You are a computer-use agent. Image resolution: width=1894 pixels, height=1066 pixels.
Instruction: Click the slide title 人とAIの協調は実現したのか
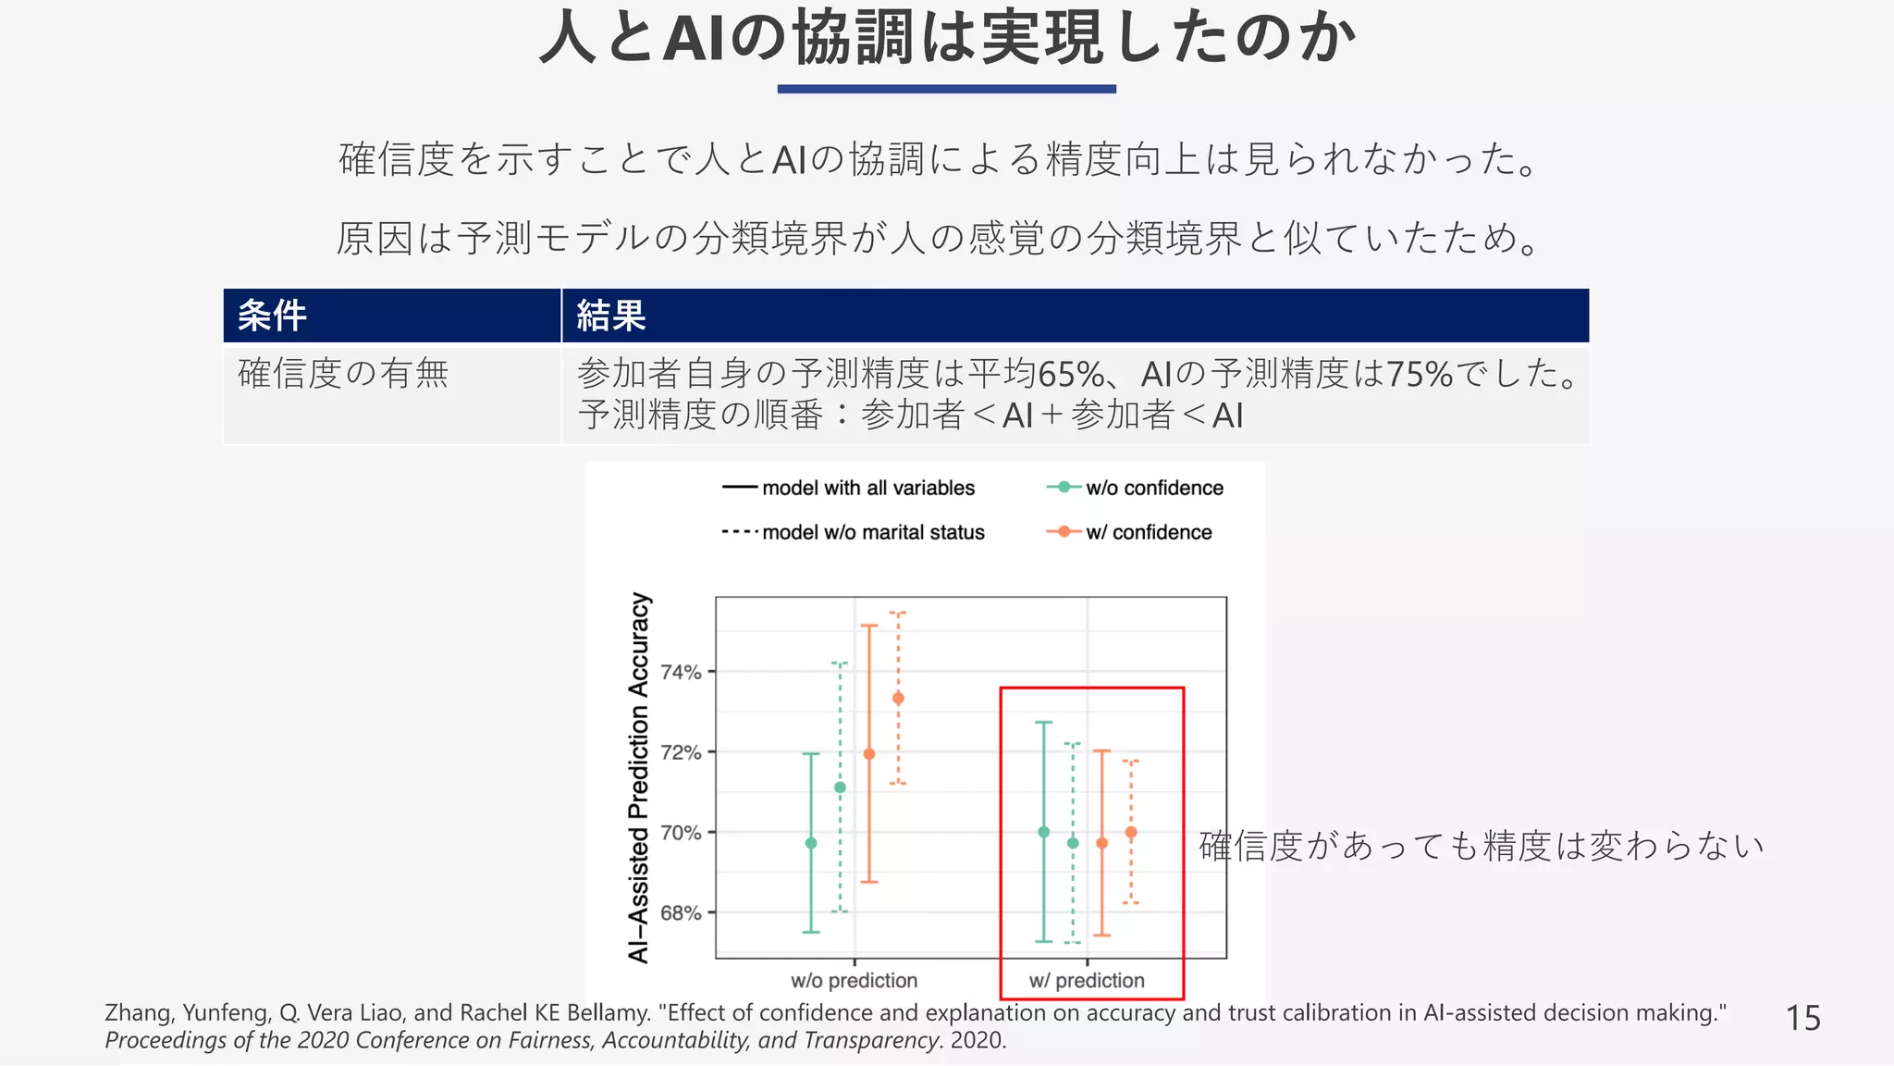pyautogui.click(x=947, y=39)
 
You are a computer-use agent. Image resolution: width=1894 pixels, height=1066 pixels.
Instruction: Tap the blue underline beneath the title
pyautogui.click(x=947, y=89)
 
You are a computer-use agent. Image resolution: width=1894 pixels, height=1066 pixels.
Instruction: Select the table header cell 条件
pyautogui.click(x=272, y=316)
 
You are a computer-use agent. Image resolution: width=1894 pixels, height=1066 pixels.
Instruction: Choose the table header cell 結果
pyautogui.click(x=611, y=316)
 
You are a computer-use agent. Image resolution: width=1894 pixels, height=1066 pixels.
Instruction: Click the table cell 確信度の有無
pyautogui.click(x=343, y=374)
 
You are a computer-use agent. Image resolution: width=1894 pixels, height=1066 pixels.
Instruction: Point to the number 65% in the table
pyautogui.click(x=1071, y=375)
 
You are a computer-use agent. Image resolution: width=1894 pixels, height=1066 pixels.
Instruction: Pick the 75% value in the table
pyautogui.click(x=1420, y=375)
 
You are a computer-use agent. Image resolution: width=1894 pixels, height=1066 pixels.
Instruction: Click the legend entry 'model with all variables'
pyautogui.click(x=867, y=488)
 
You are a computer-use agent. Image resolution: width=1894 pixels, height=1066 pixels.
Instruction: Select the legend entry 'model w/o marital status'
pyautogui.click(x=872, y=532)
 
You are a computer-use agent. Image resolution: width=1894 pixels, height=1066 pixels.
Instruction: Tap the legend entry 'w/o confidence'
pyautogui.click(x=1153, y=488)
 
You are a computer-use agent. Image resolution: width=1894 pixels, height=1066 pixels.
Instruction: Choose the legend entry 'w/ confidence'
pyautogui.click(x=1148, y=532)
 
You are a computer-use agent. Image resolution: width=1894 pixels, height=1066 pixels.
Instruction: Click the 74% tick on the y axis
pyautogui.click(x=681, y=672)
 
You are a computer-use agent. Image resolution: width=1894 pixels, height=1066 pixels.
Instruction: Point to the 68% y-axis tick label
pyautogui.click(x=681, y=913)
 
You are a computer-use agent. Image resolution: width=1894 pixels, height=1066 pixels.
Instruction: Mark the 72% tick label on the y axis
pyautogui.click(x=681, y=752)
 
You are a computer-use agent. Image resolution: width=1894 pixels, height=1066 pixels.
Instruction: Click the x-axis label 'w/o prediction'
pyautogui.click(x=854, y=980)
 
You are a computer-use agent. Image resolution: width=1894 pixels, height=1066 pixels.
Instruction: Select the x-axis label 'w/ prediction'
pyautogui.click(x=1087, y=980)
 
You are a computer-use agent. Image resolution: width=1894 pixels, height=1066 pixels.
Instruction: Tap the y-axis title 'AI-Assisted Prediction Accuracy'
pyautogui.click(x=639, y=777)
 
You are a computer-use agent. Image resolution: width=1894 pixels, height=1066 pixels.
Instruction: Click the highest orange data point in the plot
pyautogui.click(x=898, y=699)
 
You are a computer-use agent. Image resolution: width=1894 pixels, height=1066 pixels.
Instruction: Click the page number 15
pyautogui.click(x=1802, y=1018)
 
